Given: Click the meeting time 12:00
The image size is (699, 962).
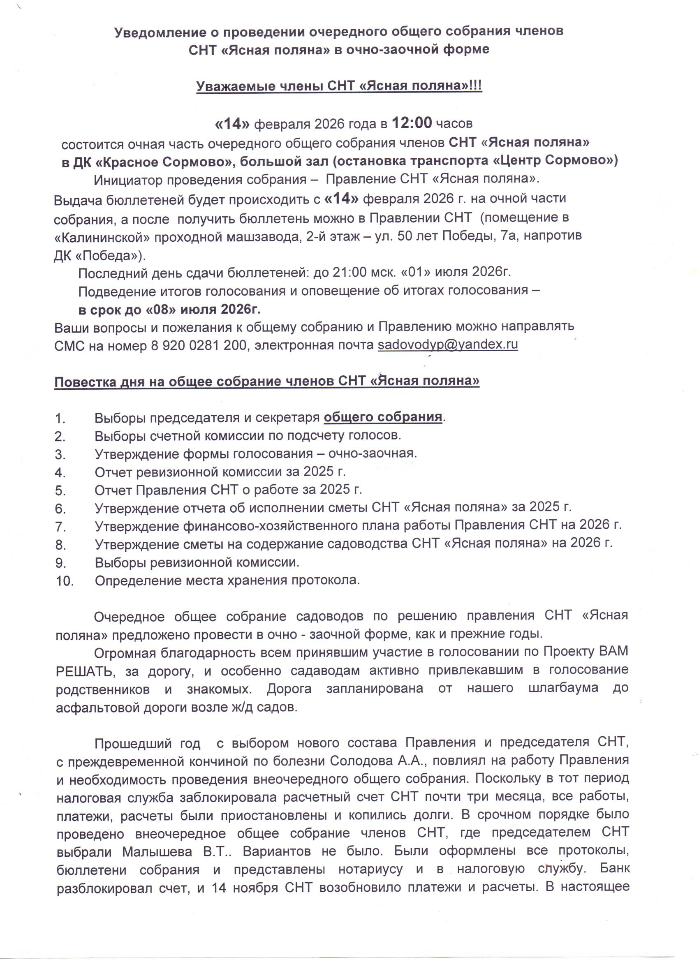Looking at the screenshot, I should [x=412, y=123].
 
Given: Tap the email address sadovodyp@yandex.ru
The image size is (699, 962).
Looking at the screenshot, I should [x=448, y=345].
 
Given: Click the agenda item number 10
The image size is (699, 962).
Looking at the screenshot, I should [x=65, y=581].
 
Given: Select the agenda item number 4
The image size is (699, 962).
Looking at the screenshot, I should [x=60, y=472].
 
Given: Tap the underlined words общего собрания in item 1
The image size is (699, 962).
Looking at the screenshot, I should [x=383, y=417].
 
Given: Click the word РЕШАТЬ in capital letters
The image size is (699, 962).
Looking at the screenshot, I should [x=85, y=671].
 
